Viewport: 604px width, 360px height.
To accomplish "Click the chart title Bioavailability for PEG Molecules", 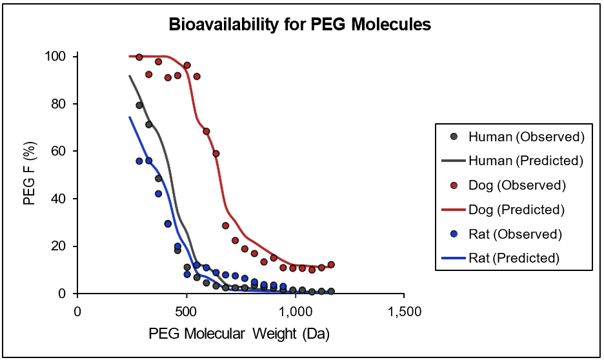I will pos(299,25).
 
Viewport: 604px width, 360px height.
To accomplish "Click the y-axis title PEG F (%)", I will pos(29,175).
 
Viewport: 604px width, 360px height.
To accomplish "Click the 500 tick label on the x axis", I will pos(186,311).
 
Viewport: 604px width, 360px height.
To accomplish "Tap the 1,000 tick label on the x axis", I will pos(296,311).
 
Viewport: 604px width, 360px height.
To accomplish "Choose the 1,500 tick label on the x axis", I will pos(405,311).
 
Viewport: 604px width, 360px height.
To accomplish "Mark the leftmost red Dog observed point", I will pos(139,57).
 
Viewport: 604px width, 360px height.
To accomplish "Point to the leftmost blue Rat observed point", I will pos(139,161).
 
